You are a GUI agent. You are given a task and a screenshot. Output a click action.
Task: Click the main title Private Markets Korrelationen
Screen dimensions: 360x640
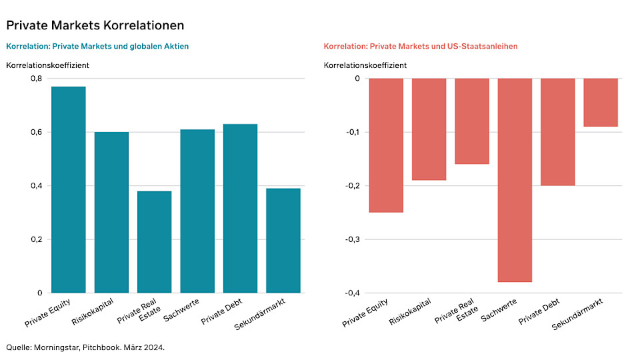95,25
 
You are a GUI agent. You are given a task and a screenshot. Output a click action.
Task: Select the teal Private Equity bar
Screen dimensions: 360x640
69,190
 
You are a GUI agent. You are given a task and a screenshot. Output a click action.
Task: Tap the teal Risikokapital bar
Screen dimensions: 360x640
111,213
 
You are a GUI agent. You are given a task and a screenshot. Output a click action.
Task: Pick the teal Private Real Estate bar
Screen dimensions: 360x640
155,242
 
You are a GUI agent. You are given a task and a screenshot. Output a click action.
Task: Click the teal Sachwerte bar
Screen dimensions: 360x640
197,211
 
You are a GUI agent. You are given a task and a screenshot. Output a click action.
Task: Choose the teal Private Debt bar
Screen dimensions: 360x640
240,209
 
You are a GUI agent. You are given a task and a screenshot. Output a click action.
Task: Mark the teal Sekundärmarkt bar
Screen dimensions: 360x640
283,241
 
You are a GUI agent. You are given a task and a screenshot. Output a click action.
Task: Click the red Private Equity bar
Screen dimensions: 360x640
386,145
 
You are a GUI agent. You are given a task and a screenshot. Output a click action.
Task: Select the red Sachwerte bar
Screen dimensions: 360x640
515,180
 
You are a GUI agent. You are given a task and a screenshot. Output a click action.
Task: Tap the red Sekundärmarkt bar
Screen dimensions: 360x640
601,103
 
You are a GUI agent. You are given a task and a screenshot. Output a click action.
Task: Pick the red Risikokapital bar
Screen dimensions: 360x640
429,129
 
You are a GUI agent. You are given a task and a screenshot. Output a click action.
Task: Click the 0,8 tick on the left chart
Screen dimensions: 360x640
36,79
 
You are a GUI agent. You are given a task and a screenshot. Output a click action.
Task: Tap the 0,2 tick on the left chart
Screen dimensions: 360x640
36,239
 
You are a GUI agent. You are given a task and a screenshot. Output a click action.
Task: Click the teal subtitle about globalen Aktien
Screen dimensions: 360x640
97,47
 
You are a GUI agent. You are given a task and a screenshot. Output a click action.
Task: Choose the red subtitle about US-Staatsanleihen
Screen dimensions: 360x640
421,47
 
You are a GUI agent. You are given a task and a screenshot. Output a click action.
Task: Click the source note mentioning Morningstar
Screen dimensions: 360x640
85,347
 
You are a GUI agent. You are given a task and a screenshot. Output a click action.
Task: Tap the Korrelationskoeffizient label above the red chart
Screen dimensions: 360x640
365,65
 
